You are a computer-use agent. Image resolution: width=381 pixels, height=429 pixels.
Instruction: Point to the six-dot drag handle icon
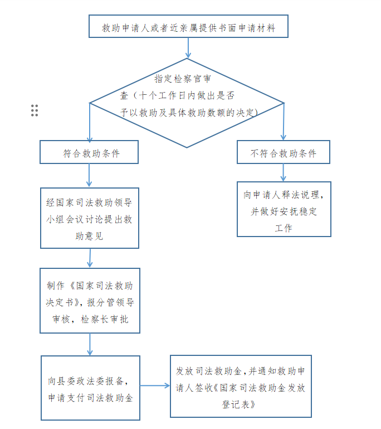35,110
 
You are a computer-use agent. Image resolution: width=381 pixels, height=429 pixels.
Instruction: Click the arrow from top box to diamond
188,48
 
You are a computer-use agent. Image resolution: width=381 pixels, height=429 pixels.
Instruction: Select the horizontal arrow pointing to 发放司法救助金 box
155,386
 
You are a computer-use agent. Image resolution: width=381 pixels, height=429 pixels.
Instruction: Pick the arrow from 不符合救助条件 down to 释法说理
283,172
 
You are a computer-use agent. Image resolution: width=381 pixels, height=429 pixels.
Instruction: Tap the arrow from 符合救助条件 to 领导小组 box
89,176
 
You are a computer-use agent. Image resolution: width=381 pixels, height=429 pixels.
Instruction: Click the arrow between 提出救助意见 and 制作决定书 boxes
90,258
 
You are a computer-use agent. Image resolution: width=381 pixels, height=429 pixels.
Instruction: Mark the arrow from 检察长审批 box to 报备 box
90,344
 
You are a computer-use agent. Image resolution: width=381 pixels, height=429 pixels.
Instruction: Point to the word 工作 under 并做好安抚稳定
284,228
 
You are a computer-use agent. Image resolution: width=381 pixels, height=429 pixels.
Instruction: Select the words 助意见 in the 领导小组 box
89,236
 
